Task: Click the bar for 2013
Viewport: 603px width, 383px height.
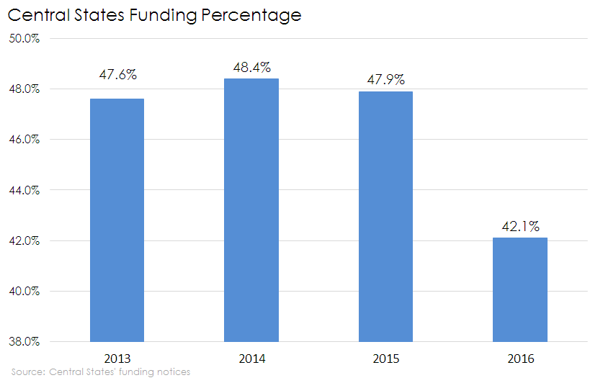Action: pos(117,220)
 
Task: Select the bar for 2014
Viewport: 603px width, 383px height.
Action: pos(251,209)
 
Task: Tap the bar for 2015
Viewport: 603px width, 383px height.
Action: pos(385,216)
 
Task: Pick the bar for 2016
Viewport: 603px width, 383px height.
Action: pos(519,289)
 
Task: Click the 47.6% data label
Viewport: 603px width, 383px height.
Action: pos(117,74)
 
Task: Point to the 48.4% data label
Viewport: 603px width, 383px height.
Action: pos(251,68)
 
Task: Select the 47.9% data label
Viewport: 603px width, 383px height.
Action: pos(385,79)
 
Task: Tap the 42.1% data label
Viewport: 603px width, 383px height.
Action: pos(519,226)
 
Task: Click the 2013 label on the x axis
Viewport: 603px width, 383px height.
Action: pos(117,357)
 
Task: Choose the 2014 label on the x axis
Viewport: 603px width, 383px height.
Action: pos(251,357)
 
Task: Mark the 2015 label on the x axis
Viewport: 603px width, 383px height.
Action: pos(385,357)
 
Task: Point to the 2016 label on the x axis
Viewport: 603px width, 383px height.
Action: pos(519,357)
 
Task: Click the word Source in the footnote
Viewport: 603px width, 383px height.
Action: pos(27,372)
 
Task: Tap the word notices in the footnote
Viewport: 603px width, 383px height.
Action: pos(173,372)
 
